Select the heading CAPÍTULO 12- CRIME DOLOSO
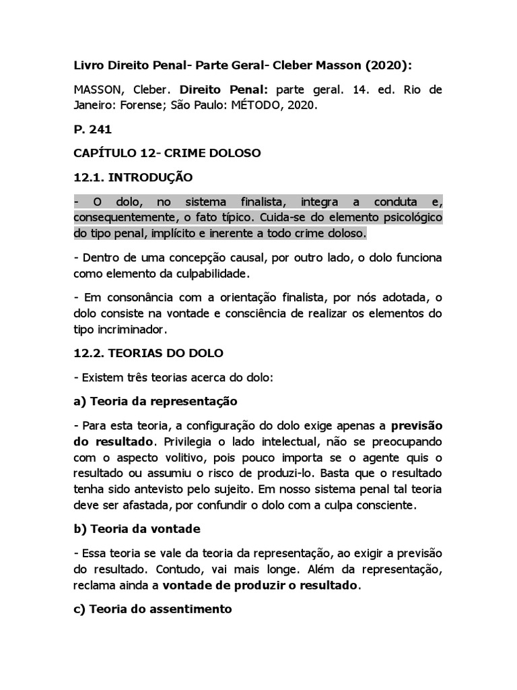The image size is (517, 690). point(167,154)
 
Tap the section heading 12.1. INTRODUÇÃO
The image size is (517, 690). point(133,178)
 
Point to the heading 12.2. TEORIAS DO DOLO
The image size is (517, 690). point(148,352)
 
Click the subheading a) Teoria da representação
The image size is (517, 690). point(156,402)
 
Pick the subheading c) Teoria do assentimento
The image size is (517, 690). point(153,609)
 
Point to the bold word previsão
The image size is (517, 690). point(416,427)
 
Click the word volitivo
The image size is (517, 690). point(168,458)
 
